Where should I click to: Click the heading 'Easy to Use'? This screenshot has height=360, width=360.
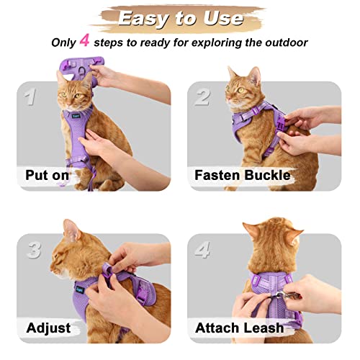tap(179, 18)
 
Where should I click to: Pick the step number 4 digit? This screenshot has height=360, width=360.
tap(204, 250)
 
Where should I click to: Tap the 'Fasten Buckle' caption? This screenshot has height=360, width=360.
tap(242, 174)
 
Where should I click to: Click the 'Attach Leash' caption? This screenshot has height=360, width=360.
tap(239, 328)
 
